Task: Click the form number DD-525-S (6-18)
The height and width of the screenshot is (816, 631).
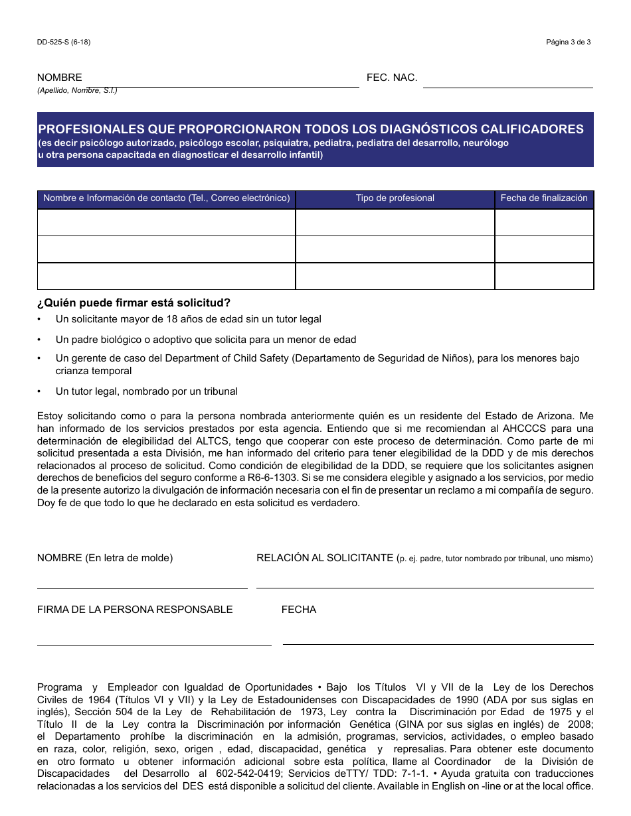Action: coord(64,42)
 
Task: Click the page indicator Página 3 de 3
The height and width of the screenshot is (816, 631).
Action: coord(569,42)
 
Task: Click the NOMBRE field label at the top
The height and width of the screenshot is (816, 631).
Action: coord(60,78)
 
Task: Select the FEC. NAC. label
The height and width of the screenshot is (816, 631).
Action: coord(392,78)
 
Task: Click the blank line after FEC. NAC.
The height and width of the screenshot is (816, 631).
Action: coord(507,82)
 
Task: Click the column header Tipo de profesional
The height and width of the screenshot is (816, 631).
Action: coord(395,198)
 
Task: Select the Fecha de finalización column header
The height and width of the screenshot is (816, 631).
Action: coord(544,198)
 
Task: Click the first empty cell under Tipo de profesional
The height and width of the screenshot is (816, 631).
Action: coord(395,222)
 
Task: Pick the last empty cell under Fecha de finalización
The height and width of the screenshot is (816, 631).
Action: coord(544,276)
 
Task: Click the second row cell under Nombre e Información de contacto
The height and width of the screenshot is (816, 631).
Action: coord(166,249)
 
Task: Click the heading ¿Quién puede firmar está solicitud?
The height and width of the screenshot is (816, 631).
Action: coord(134,303)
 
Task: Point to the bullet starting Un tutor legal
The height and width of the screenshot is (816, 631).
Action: coord(146,391)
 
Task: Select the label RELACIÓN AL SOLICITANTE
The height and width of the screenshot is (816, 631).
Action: coord(325,558)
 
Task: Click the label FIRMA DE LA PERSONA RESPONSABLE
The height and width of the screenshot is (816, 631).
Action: coord(135,610)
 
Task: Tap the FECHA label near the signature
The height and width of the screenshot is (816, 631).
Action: coord(299,610)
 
